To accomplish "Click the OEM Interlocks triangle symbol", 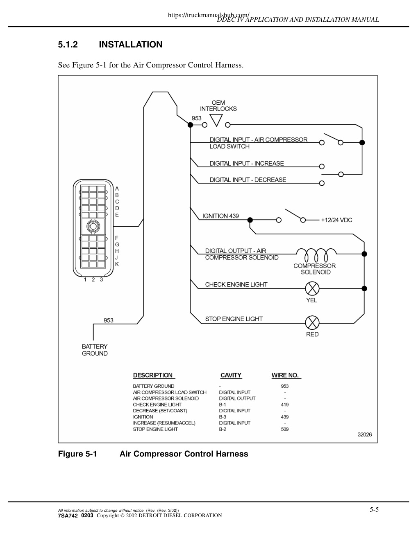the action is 216,120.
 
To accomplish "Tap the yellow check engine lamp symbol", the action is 312,288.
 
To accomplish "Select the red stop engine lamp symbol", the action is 312,323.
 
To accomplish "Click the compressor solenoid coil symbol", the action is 316,254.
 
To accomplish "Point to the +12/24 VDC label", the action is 336,220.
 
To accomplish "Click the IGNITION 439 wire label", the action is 220,216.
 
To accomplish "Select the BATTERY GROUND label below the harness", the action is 95,350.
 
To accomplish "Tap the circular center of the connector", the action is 93,226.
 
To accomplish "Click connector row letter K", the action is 117,264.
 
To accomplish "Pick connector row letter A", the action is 117,189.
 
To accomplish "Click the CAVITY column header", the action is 231,375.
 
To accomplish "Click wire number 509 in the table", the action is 285,429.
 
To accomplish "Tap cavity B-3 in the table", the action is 223,417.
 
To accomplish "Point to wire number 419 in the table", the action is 285,405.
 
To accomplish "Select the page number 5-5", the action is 374,510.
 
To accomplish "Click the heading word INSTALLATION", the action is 131,45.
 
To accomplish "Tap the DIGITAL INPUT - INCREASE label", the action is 247,163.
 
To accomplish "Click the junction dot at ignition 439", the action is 250,220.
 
